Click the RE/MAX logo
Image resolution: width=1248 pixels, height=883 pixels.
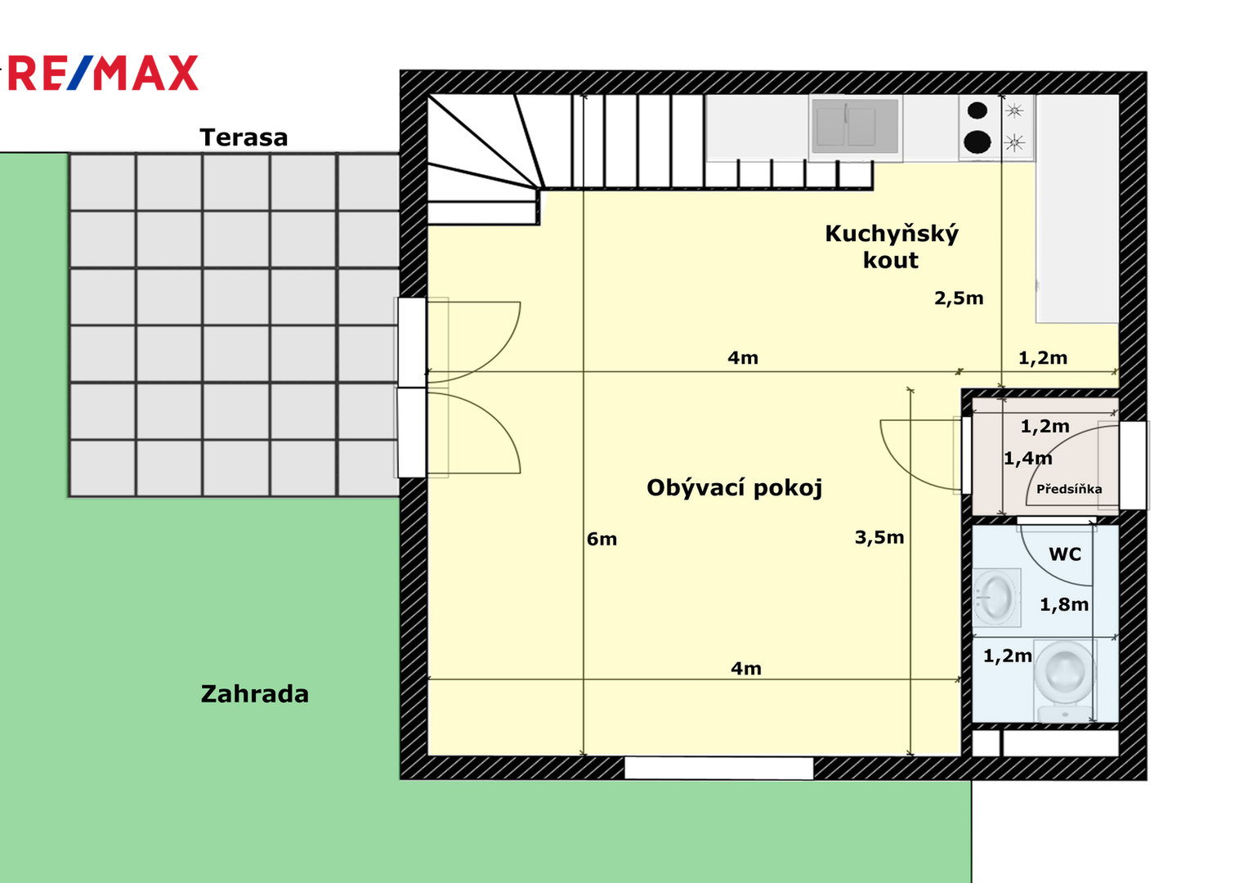click(x=103, y=73)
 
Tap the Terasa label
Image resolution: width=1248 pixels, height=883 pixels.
click(x=244, y=137)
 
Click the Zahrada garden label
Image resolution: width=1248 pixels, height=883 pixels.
click(x=255, y=694)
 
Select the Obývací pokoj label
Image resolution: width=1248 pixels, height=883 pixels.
click(x=734, y=488)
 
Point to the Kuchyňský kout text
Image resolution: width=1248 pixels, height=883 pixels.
click(x=892, y=247)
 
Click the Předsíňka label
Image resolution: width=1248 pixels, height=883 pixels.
click(x=1068, y=489)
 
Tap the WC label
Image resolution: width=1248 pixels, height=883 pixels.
click(x=1065, y=554)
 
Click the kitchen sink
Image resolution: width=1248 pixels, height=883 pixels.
click(x=855, y=126)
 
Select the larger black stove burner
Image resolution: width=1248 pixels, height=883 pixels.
click(x=977, y=141)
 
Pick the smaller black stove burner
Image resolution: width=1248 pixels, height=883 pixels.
click(x=977, y=110)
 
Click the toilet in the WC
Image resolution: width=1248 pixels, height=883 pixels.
click(x=1065, y=681)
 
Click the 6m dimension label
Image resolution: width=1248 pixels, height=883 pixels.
click(x=602, y=539)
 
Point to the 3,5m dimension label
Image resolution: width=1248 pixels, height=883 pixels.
click(x=879, y=537)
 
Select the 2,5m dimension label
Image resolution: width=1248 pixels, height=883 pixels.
click(x=959, y=298)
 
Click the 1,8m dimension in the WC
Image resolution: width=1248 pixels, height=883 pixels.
click(x=1064, y=604)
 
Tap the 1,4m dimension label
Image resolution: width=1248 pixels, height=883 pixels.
click(x=1028, y=458)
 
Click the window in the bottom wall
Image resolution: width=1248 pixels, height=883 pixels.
click(x=718, y=769)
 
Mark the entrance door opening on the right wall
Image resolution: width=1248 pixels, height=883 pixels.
click(x=1133, y=465)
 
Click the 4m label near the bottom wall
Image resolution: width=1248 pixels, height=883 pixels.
click(x=746, y=669)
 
